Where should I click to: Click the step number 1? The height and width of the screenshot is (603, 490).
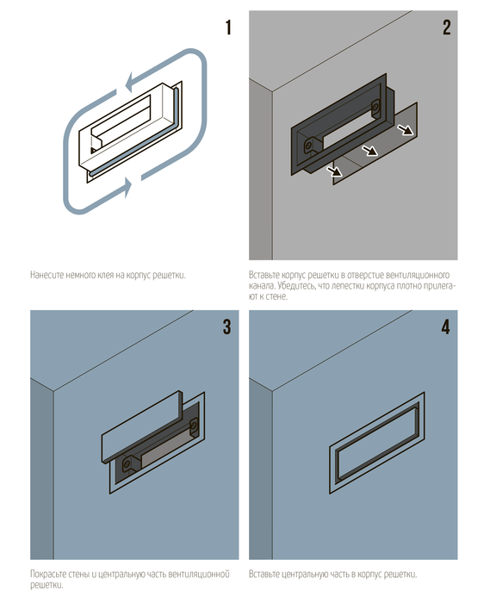point(229,28)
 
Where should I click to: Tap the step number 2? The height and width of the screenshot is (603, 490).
point(447,28)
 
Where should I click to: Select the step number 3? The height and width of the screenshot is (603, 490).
point(227,326)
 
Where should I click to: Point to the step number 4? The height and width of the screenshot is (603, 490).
point(446,326)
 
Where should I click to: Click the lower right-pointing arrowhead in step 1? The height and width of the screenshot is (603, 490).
point(127,188)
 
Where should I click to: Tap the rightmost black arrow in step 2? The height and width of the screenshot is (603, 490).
point(404,129)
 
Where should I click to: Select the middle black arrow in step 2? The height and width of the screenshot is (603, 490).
point(369,150)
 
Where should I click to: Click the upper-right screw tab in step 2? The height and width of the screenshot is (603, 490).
point(375,108)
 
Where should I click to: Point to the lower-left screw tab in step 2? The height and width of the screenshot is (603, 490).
point(310,146)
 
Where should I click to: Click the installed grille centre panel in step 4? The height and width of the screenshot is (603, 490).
point(377,442)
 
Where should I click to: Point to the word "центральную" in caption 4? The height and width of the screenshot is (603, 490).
point(304,575)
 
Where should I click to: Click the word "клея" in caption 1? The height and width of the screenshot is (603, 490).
point(106,276)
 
